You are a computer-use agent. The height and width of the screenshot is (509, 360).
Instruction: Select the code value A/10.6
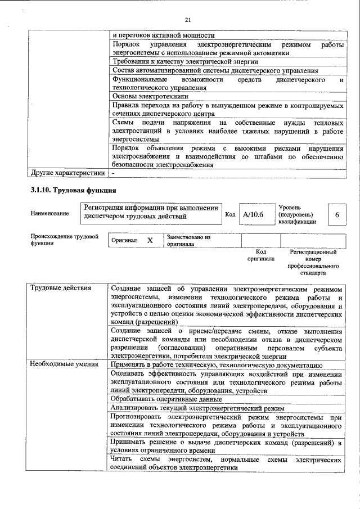tap(253, 214)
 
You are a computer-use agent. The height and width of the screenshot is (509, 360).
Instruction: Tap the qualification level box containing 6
tap(336, 215)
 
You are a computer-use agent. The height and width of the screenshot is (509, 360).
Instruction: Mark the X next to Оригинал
tap(150, 240)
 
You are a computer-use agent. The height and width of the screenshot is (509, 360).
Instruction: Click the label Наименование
tap(50, 214)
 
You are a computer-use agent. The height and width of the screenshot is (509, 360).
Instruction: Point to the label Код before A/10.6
tap(230, 214)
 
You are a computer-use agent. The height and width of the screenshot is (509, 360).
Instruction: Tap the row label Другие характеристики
tap(67, 172)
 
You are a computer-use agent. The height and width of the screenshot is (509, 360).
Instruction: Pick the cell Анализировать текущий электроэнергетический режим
tap(197, 408)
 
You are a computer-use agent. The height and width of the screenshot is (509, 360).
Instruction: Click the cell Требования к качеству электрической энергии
tap(185, 62)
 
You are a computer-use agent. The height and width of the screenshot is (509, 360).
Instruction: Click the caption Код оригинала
tap(260, 255)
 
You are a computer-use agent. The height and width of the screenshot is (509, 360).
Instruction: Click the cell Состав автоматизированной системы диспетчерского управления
tap(215, 70)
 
